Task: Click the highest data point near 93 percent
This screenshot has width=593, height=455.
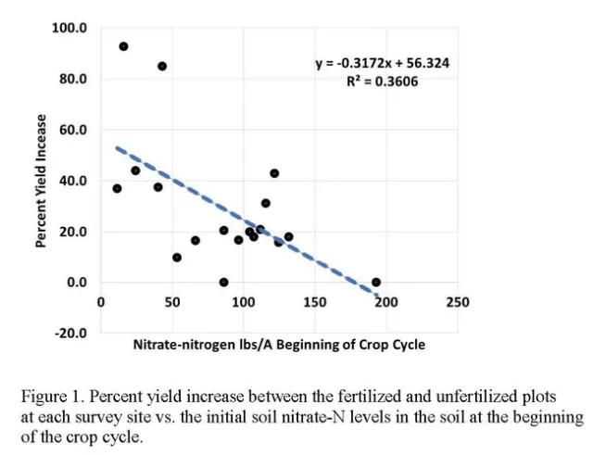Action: [x=123, y=46]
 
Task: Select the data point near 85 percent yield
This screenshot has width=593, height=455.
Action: [x=162, y=66]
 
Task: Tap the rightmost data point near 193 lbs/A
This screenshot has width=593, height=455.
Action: [x=376, y=282]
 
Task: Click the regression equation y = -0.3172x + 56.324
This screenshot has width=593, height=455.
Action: [x=383, y=64]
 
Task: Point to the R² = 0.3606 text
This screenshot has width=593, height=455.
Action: [x=383, y=82]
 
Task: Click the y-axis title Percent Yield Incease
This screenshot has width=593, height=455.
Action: [x=41, y=181]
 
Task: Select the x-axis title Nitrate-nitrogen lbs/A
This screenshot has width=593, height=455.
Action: [x=279, y=345]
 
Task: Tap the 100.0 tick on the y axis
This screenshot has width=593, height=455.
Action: [x=69, y=28]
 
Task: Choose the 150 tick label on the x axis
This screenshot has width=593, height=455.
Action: [x=314, y=302]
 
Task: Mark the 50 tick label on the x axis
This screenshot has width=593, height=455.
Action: [x=171, y=302]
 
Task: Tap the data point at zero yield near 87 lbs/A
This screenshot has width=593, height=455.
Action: [x=224, y=282]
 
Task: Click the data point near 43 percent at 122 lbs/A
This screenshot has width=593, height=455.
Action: [x=274, y=173]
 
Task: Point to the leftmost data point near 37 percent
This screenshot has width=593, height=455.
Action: [x=117, y=188]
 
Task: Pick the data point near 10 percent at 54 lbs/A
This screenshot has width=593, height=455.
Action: [x=177, y=258]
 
